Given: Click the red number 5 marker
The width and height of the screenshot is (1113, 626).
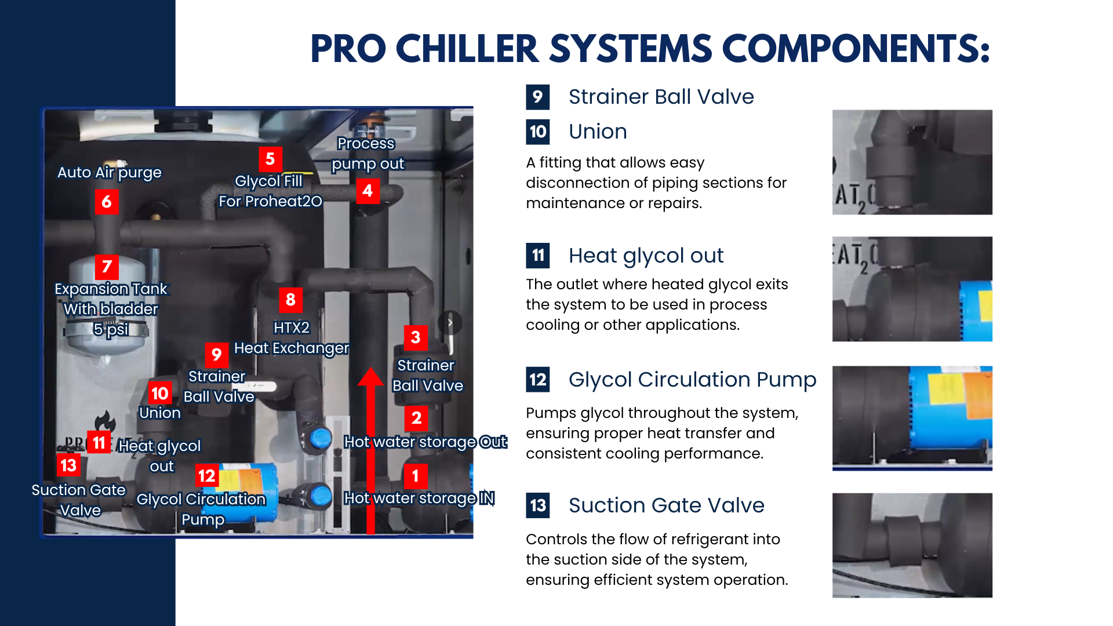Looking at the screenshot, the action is (x=270, y=159).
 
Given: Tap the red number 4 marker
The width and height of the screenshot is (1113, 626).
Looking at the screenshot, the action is (x=368, y=191).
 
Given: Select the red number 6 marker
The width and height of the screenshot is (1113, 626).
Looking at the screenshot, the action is (x=107, y=202).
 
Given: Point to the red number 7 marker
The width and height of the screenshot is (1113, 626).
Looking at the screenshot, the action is (x=107, y=267).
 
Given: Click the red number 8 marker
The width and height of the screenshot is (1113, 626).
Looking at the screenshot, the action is (x=290, y=300).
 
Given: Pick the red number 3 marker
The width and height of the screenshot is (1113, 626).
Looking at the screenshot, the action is (x=416, y=338).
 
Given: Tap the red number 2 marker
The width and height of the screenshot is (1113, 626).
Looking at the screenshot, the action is (x=416, y=418).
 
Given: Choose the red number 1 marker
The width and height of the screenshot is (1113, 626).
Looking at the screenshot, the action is (x=416, y=476).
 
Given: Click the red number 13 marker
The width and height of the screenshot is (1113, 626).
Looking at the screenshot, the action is (x=68, y=465).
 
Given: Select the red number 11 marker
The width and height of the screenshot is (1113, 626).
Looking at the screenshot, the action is (x=99, y=442).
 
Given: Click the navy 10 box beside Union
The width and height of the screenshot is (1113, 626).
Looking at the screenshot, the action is (x=538, y=132).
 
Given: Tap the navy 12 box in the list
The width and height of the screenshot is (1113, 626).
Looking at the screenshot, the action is (x=538, y=380).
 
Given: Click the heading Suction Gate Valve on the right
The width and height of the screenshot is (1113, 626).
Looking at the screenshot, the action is (x=667, y=505).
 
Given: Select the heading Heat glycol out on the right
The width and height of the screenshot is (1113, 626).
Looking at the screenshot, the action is (x=646, y=256).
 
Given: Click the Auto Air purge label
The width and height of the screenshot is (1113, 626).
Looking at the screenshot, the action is (x=110, y=173).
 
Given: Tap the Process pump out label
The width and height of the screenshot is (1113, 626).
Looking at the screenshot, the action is (x=367, y=154).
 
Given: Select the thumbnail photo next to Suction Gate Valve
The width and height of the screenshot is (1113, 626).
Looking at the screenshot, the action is (x=912, y=545).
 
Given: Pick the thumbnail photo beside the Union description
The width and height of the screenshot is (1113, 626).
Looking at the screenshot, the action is (x=912, y=162).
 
